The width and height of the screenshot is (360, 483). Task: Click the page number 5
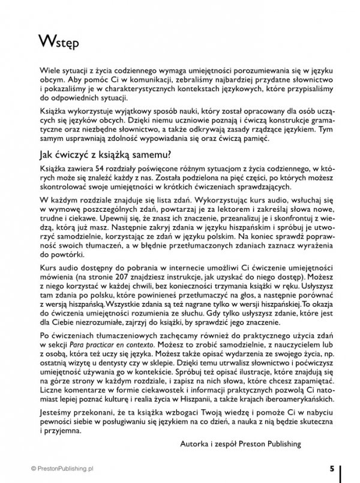[332, 467]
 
